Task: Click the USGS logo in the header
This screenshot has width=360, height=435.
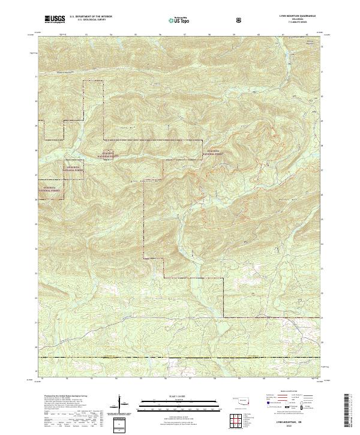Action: [55, 19]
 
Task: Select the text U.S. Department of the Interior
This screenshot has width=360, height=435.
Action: [89, 17]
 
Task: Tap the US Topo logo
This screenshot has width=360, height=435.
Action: [180, 20]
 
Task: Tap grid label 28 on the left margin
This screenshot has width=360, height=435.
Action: [37, 150]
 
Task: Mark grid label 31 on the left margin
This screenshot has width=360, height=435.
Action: [37, 76]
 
